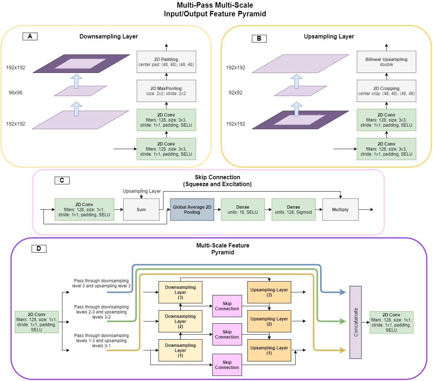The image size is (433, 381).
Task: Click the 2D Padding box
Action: click(x=166, y=62)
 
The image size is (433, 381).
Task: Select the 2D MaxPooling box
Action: click(x=166, y=91)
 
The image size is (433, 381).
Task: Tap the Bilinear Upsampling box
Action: click(x=386, y=62)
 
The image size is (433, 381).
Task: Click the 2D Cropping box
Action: click(x=386, y=91)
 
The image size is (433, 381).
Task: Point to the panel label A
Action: click(x=30, y=36)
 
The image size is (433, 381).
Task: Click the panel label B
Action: click(x=259, y=38)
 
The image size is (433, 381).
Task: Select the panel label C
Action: click(x=62, y=180)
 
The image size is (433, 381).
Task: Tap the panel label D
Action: click(x=39, y=249)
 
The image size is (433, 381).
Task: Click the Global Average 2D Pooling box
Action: click(x=192, y=209)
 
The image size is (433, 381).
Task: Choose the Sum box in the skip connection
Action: click(x=141, y=209)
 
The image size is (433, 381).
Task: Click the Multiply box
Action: click(x=340, y=209)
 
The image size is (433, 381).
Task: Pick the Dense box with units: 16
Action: click(x=243, y=209)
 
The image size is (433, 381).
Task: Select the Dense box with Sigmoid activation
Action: click(x=293, y=209)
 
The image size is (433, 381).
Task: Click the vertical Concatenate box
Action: click(x=355, y=322)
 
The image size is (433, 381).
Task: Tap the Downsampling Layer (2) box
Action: click(x=180, y=321)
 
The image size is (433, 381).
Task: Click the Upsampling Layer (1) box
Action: click(x=269, y=350)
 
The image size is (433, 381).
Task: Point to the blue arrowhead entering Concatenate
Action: click(x=342, y=292)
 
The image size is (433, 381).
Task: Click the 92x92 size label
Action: click(x=236, y=93)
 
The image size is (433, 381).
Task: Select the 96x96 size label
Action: click(x=16, y=93)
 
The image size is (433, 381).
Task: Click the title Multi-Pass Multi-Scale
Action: click(x=215, y=5)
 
